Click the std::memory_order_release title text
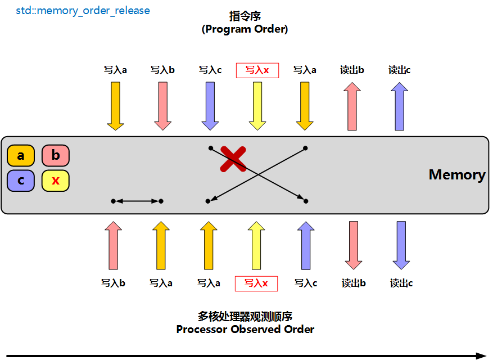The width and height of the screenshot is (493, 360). click(x=83, y=11)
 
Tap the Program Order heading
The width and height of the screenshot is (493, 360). click(x=245, y=29)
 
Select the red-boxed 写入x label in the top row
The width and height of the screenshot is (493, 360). click(x=257, y=70)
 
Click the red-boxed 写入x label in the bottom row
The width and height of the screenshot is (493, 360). click(x=256, y=283)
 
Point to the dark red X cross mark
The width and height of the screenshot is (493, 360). click(x=233, y=159)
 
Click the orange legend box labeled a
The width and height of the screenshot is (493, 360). click(x=21, y=155)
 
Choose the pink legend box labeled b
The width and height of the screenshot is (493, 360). click(x=55, y=155)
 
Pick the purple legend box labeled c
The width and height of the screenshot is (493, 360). click(x=21, y=181)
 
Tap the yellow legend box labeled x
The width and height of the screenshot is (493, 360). click(x=55, y=181)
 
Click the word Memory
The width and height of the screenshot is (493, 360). click(x=456, y=174)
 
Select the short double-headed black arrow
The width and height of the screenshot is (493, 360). click(x=137, y=201)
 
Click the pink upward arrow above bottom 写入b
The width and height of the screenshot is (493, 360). click(x=114, y=245)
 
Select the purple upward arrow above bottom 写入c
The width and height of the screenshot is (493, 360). click(x=305, y=245)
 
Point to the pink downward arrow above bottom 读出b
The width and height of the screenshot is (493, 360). click(x=353, y=245)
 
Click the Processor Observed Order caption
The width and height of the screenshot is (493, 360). click(x=245, y=329)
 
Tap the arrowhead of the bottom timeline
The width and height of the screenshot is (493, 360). click(x=481, y=355)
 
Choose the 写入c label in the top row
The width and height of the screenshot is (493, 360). click(x=210, y=70)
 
